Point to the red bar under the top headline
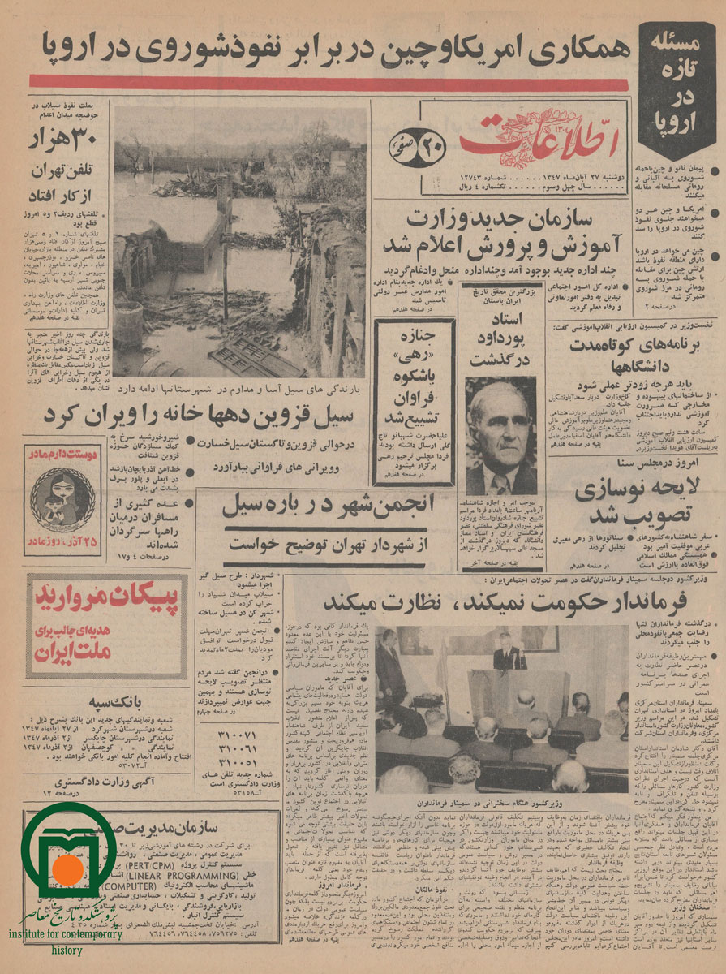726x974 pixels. [329, 82]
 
